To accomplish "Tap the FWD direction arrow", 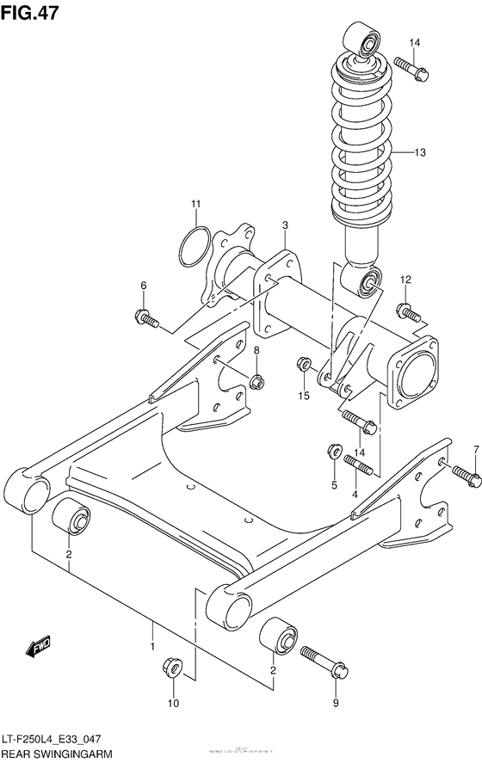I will (x=40, y=646).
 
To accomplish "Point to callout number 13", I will (x=443, y=153).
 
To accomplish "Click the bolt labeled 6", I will (x=147, y=319).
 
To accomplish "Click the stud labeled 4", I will (x=358, y=465).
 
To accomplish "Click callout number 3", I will (x=284, y=225).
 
